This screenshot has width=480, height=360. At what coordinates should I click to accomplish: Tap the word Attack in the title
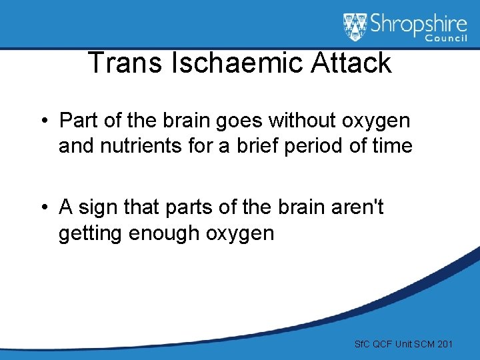click(352, 63)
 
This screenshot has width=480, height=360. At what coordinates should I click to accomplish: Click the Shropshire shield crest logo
click(354, 27)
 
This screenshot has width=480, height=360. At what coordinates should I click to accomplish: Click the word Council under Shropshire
click(445, 41)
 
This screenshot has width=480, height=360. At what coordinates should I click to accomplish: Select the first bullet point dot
click(42, 121)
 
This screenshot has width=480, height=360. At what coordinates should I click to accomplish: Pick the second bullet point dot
click(42, 208)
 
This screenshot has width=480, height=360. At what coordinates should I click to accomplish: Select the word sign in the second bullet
click(98, 208)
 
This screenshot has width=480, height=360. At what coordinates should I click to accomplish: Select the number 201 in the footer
click(443, 344)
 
